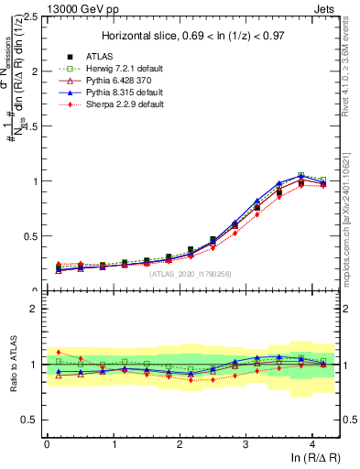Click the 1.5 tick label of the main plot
click(29, 126)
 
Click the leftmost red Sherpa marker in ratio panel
click(60, 352)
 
